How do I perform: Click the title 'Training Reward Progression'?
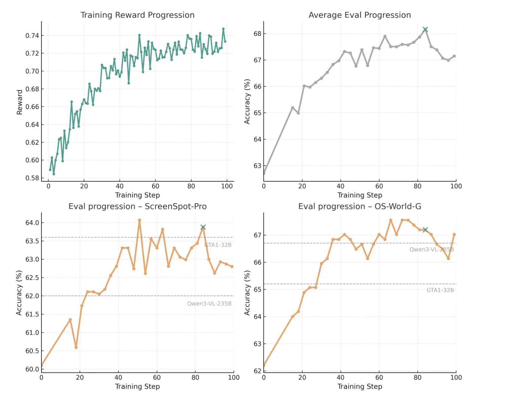point(137,15)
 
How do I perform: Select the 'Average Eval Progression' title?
point(360,15)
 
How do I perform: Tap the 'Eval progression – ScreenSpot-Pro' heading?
point(137,206)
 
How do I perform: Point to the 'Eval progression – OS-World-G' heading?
point(360,206)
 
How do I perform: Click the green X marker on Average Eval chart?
point(425,30)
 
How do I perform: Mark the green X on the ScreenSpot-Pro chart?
point(203,227)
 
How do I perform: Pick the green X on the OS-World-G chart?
point(425,230)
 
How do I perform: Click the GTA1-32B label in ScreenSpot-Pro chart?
point(218,245)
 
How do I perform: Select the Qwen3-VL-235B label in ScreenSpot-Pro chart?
point(209,304)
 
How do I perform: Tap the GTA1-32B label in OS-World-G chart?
point(440,290)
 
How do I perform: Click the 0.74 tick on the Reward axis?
point(32,36)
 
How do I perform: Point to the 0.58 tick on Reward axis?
point(32,178)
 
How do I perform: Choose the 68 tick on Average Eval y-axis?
point(257,34)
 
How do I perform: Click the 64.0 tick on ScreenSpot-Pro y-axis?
point(32,223)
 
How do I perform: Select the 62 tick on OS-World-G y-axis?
point(257,371)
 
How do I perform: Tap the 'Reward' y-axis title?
point(20,102)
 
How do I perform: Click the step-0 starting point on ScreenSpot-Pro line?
point(42,366)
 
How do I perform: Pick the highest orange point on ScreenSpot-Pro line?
point(139,220)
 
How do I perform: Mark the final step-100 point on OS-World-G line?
point(454,235)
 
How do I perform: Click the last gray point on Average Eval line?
point(454,56)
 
